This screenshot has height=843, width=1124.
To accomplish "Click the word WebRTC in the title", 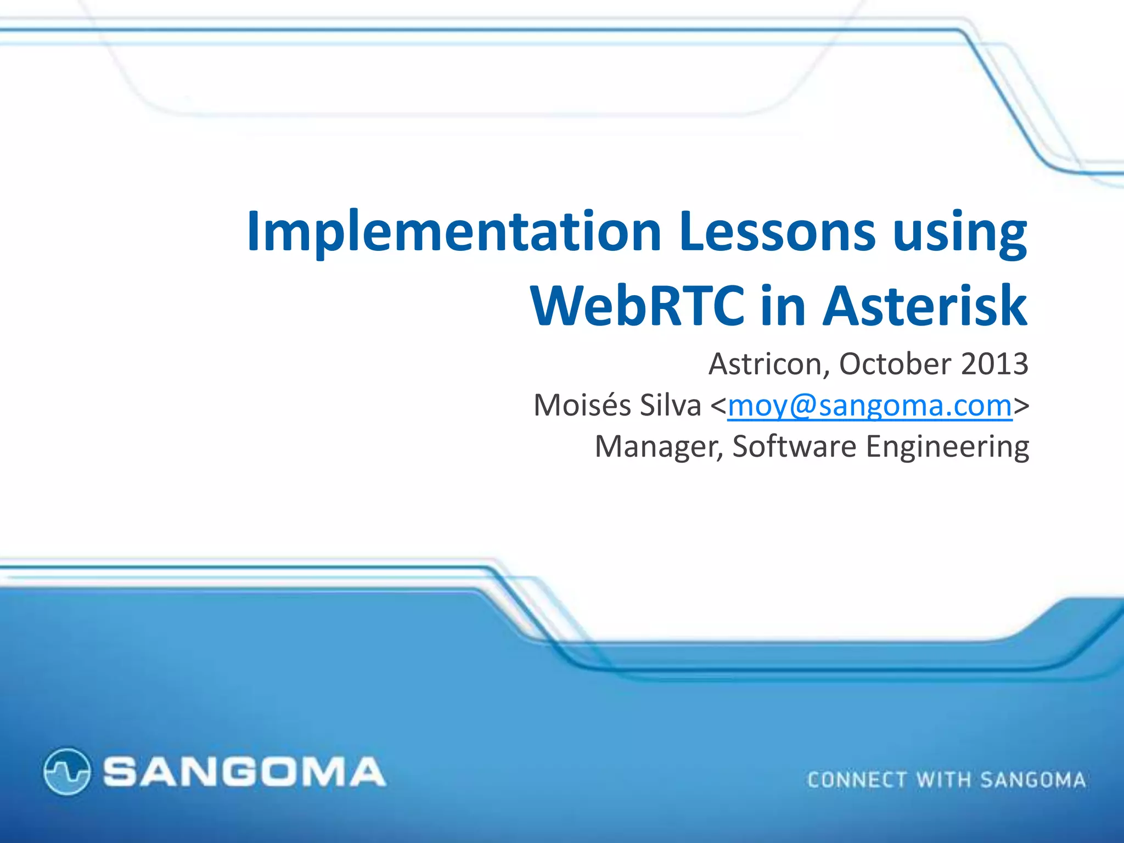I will (637, 306).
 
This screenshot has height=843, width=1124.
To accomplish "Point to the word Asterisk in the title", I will (925, 306).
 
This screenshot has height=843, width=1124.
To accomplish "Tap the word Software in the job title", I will (794, 447).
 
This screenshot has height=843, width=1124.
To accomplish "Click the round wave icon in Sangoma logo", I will (66, 771).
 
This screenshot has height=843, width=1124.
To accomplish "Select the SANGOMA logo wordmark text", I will (244, 772).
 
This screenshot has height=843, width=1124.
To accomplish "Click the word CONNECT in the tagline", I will (857, 780).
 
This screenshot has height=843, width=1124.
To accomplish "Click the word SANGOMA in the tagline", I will (1033, 780).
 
